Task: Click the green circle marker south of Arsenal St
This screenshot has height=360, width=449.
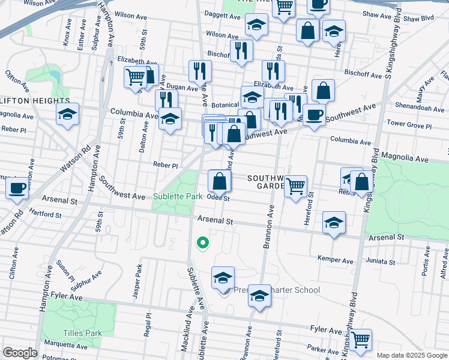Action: tap(203, 242)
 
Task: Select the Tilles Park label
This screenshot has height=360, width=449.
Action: tap(79, 332)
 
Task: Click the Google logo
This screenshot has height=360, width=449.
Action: tap(20, 353)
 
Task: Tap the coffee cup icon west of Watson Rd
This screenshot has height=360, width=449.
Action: tap(17, 188)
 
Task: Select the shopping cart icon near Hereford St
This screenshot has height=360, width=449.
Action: tap(295, 187)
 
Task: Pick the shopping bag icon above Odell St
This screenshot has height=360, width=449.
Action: tap(220, 181)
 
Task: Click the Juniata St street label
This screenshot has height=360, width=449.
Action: tap(369, 261)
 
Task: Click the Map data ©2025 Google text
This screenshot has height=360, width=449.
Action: tap(412, 355)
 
